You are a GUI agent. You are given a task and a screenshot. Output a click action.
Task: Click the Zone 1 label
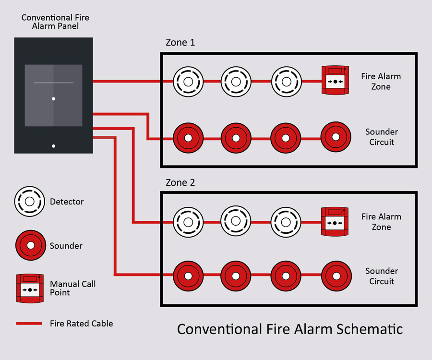180,43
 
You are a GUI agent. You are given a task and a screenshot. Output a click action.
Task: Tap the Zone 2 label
180,183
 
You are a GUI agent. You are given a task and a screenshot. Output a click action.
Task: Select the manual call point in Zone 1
335,81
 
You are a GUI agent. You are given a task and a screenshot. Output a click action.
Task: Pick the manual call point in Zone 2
335,221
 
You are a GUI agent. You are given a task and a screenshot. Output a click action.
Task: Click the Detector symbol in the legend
29,202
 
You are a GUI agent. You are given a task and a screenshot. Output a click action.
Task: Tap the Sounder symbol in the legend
29,246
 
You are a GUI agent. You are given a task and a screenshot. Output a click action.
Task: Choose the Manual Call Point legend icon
30,288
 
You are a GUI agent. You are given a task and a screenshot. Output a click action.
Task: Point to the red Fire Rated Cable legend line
29,324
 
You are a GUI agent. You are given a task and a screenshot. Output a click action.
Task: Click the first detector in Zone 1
188,81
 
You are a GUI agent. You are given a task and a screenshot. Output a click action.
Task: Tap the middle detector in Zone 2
236,222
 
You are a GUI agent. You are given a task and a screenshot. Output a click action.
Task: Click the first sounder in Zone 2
188,277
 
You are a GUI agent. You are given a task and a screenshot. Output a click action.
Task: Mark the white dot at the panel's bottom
53,145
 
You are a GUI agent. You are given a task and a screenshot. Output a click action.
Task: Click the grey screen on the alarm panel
53,96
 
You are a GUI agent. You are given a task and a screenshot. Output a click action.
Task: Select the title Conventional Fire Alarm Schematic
289,329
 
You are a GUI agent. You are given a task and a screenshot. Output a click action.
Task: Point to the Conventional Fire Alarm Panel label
55,22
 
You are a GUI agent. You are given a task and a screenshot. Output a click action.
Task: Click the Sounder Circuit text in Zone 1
382,137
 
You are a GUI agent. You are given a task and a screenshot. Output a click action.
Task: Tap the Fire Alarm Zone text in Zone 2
381,222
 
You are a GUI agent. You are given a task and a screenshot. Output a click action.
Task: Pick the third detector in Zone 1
286,81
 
